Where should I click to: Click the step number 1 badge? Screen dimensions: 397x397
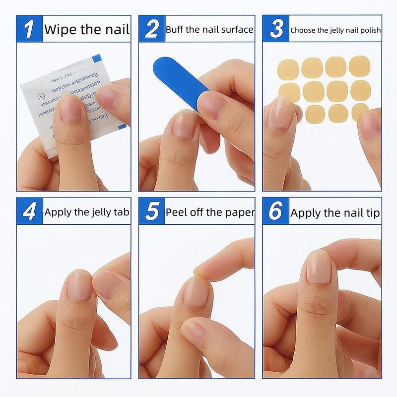(29, 29)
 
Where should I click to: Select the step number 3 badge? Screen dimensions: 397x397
(276, 29)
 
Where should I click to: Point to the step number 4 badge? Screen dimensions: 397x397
(29, 212)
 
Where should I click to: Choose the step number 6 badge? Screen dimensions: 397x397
(276, 212)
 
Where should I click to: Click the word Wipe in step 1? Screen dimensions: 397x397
(60, 29)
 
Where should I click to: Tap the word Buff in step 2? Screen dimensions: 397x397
(176, 30)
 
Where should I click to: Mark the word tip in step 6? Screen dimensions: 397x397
(373, 213)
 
